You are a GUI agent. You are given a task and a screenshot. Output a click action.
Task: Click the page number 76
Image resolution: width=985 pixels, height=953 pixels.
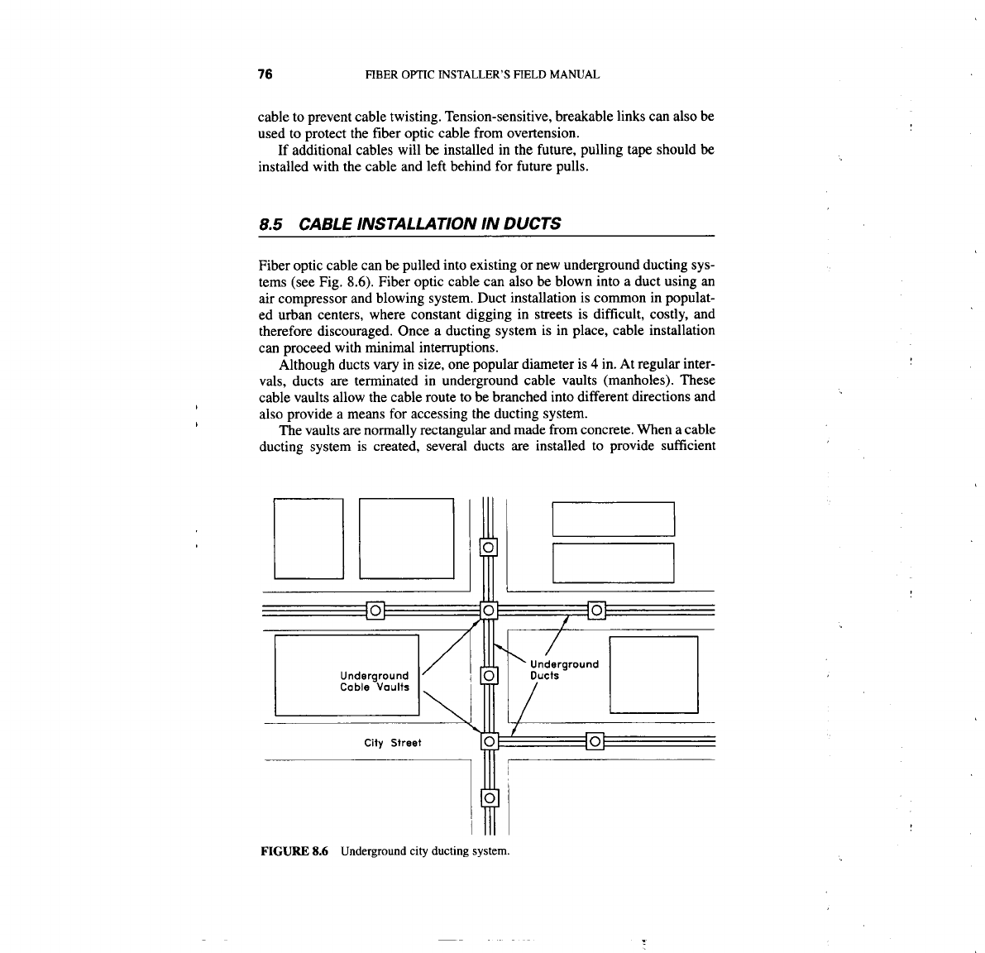(x=265, y=74)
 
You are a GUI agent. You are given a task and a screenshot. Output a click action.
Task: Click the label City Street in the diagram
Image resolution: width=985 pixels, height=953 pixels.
(x=393, y=743)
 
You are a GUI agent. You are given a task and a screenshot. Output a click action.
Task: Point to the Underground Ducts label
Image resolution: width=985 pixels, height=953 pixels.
(x=563, y=669)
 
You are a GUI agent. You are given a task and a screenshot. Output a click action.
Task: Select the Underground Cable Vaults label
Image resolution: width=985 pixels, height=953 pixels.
(x=375, y=681)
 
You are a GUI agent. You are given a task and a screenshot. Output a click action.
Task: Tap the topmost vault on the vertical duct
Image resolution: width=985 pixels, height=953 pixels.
(x=489, y=547)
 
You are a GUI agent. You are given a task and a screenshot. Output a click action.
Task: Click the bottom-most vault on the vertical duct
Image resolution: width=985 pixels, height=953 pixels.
(x=489, y=798)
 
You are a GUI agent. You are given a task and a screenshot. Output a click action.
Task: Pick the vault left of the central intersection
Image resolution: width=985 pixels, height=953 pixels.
(x=375, y=611)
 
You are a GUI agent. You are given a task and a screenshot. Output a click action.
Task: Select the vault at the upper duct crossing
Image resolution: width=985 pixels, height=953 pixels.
(x=489, y=611)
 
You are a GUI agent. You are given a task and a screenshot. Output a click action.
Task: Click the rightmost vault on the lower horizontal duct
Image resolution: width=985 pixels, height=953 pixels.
(x=595, y=740)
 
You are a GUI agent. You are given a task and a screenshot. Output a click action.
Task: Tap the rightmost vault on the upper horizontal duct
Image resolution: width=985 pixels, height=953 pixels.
(x=595, y=611)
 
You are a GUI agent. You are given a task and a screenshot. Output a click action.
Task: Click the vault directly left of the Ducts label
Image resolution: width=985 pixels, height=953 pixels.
(x=489, y=676)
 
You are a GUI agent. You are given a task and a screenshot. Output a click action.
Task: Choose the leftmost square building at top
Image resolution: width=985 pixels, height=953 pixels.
(x=308, y=538)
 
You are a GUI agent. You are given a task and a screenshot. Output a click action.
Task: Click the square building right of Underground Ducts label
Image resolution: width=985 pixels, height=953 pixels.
(x=653, y=674)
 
